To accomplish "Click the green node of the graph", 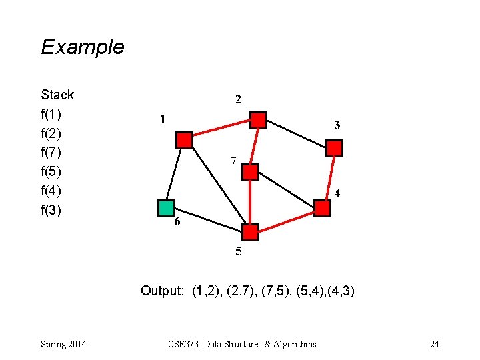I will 166,208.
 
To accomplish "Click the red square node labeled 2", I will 259,120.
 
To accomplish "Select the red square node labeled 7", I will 250,173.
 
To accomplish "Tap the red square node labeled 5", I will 250,232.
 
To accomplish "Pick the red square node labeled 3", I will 334,148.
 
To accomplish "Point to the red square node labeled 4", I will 322,209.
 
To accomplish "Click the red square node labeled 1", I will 184,140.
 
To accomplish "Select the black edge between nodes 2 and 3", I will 297,134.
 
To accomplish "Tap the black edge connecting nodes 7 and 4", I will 286,191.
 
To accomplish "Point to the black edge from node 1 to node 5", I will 217,186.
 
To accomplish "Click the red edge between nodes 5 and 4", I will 286,221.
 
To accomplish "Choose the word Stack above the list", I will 57,95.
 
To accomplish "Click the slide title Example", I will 83,47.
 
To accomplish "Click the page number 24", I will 435,344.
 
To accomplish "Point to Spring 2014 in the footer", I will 63,344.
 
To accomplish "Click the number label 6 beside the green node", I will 177,223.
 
